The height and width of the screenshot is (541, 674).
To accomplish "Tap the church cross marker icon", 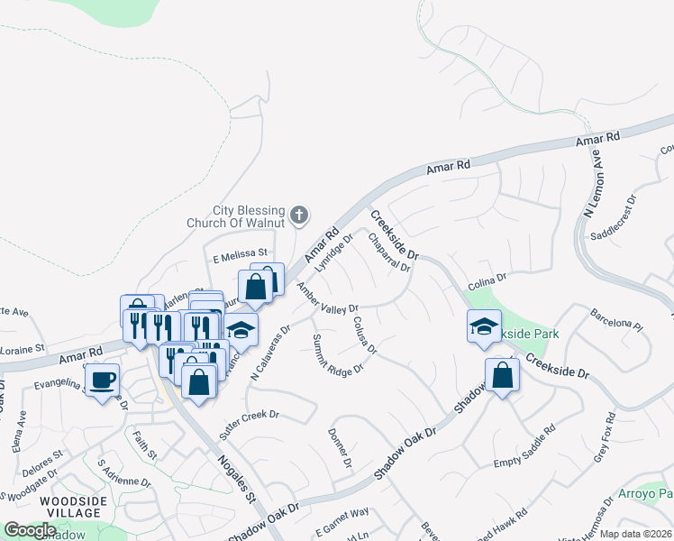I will click(x=299, y=215).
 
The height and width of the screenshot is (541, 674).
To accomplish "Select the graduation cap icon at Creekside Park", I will click(x=484, y=326).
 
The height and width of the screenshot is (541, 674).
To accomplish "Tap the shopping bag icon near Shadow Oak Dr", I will click(x=502, y=375).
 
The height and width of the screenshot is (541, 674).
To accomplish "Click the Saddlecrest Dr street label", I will click(x=613, y=217).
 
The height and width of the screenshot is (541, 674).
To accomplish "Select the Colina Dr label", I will click(x=487, y=281).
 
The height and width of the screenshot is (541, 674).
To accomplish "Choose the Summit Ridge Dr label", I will click(x=337, y=355).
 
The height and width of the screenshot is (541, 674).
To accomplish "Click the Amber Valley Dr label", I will click(x=328, y=298).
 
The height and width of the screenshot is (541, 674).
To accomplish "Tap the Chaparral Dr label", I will click(x=389, y=253).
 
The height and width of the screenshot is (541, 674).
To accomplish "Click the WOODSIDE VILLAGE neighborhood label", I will click(x=73, y=507).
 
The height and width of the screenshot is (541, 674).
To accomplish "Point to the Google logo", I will click(x=30, y=530).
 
